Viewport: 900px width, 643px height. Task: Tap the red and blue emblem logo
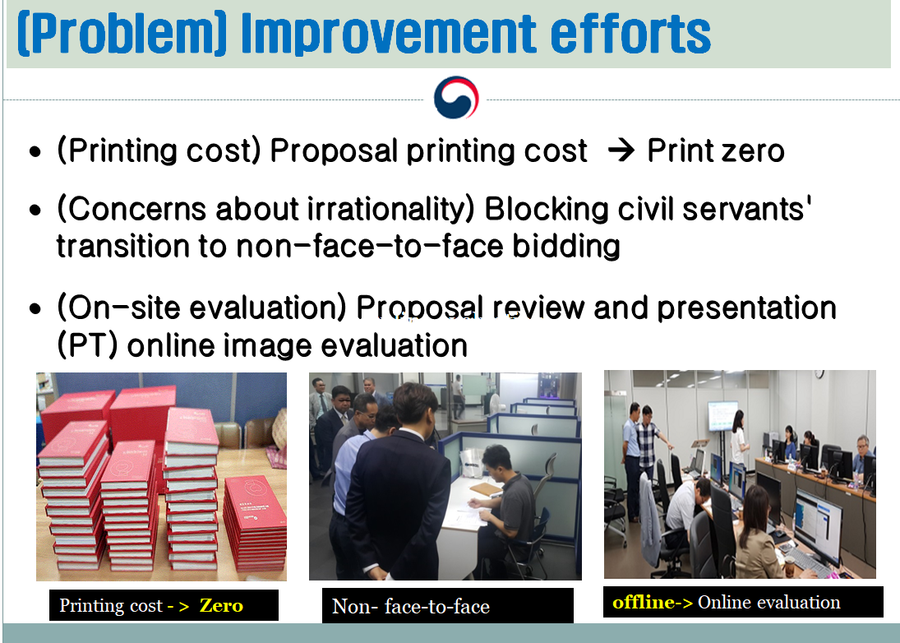click(455, 98)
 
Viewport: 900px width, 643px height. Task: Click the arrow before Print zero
click(621, 150)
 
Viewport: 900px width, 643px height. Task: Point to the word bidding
click(566, 247)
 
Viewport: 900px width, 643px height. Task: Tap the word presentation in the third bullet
click(746, 308)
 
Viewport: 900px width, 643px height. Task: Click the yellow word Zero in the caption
click(221, 605)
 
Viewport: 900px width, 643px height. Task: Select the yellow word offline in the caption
click(643, 602)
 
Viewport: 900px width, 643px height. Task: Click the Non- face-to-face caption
click(411, 606)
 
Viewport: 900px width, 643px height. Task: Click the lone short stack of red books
click(254, 524)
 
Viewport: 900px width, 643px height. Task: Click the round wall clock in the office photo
click(819, 374)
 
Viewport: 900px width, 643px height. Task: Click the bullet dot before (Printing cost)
click(35, 152)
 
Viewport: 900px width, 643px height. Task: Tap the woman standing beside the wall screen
click(739, 439)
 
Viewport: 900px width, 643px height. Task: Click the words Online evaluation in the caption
click(769, 602)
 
